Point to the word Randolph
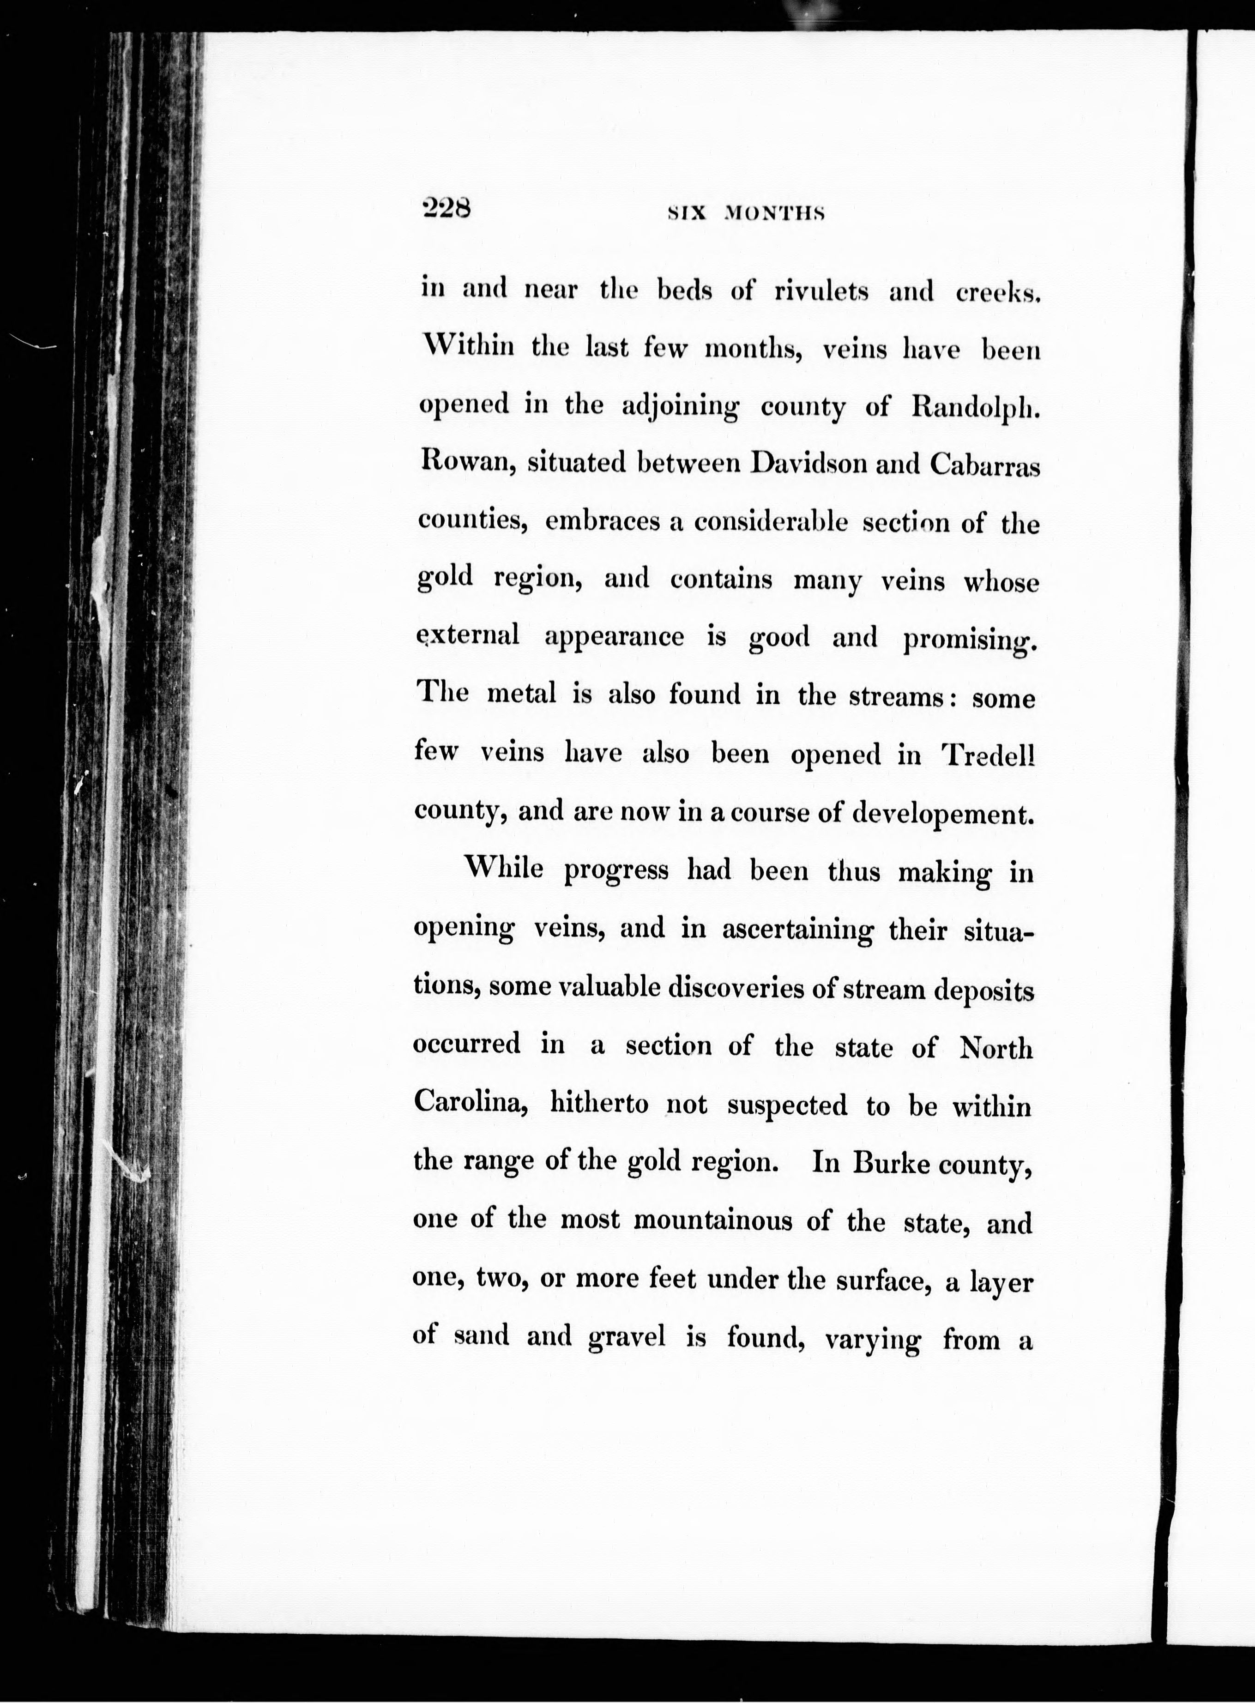[974, 408]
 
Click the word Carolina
[470, 1102]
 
